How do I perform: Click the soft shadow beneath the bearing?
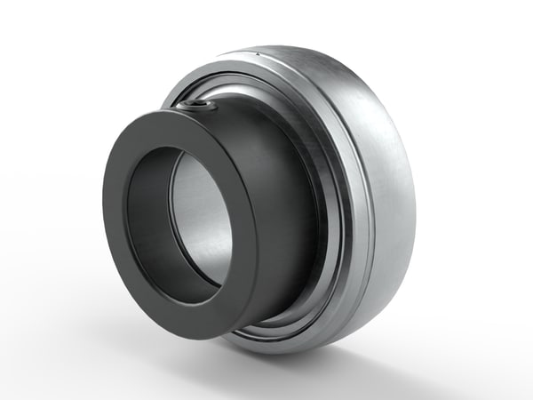293,364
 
